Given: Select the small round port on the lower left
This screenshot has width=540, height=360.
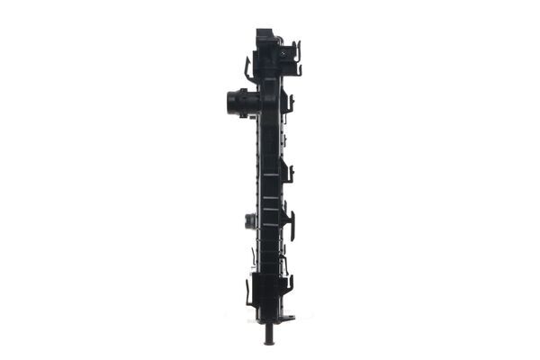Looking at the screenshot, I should click(x=248, y=220).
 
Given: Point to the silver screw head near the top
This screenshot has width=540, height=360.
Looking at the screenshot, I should click(x=283, y=54).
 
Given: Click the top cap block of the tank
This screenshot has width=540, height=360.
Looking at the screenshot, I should click(x=267, y=38).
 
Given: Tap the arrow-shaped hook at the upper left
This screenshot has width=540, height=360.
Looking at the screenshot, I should click(x=248, y=68).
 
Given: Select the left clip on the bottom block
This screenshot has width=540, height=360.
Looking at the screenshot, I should click(x=248, y=292).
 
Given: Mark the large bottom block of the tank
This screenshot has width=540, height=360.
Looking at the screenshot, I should click(x=268, y=292).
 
